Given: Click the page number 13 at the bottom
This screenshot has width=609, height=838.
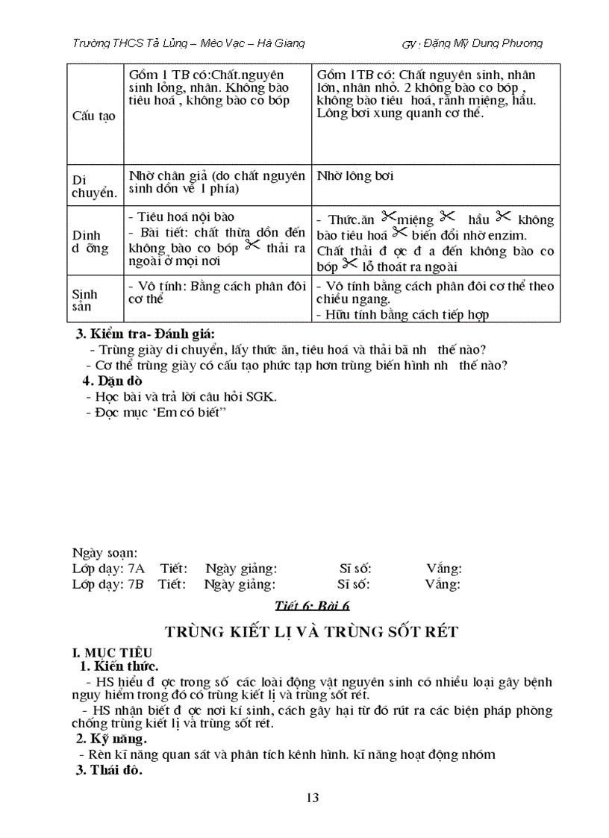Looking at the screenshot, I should click(x=313, y=798).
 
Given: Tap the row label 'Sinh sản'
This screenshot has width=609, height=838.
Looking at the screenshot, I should click(x=85, y=300).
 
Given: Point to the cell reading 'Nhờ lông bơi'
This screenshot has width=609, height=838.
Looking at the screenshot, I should click(x=355, y=176).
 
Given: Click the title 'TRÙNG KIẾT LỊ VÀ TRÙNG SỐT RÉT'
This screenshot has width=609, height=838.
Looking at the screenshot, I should click(x=311, y=632).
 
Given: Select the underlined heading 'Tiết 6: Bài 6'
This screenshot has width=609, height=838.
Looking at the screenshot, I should click(x=312, y=607).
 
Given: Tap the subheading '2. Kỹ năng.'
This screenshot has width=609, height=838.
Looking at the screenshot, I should click(x=111, y=739).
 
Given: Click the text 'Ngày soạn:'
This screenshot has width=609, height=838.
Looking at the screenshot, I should click(x=104, y=553).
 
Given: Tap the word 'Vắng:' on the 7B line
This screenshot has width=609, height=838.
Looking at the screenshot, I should click(x=443, y=584).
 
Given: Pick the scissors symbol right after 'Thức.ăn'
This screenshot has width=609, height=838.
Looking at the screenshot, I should click(x=387, y=217).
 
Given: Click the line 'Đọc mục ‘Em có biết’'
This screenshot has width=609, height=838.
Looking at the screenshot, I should click(x=159, y=412).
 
